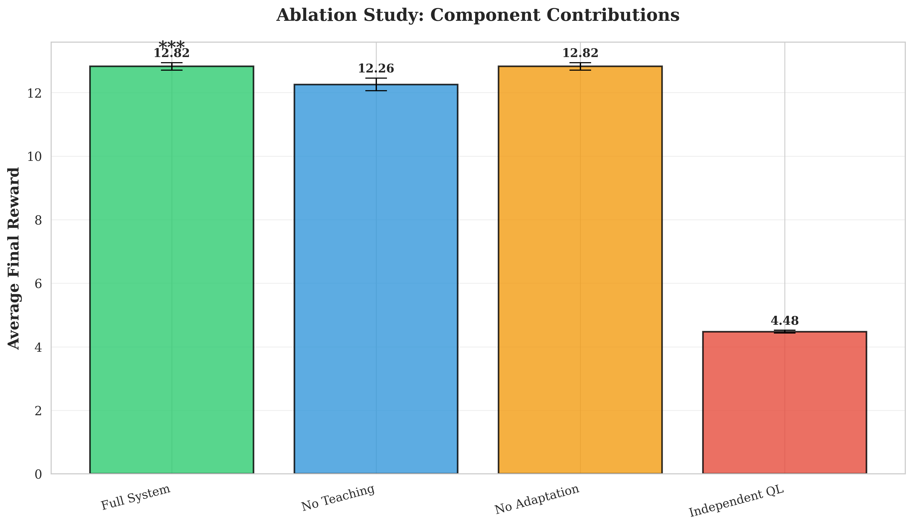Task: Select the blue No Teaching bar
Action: click(x=376, y=279)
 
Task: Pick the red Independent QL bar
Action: click(x=784, y=402)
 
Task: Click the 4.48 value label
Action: click(x=784, y=321)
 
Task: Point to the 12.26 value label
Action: click(x=376, y=68)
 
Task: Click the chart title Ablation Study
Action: click(x=477, y=16)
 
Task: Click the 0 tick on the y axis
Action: click(x=38, y=474)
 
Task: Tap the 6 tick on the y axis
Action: click(x=38, y=283)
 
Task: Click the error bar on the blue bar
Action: click(x=376, y=84)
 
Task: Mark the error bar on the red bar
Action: click(x=784, y=331)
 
